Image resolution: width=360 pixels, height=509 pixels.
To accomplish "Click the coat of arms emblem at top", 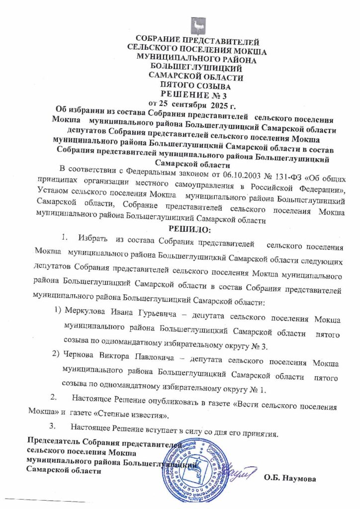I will [x=197, y=24].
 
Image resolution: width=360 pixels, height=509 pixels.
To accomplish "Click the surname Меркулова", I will [x=86, y=319].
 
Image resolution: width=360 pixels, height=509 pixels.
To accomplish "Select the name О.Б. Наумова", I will [x=290, y=479].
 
